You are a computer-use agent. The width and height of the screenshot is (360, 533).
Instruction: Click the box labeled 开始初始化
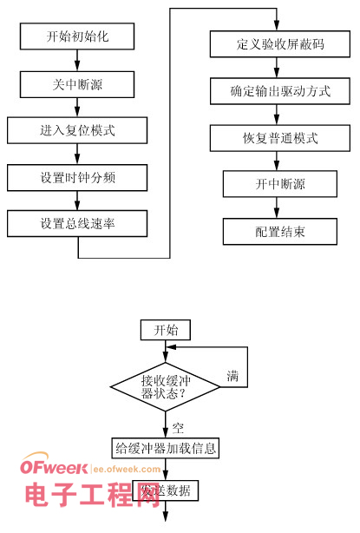(78, 36)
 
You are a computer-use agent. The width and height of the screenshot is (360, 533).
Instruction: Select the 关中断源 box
(78, 84)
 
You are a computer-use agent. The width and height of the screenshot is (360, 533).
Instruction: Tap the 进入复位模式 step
(78, 131)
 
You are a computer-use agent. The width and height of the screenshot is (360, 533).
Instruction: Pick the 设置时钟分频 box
(78, 177)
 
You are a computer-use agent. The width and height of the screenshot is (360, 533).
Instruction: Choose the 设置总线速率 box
(78, 223)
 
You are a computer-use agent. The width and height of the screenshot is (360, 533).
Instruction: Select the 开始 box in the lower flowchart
(166, 330)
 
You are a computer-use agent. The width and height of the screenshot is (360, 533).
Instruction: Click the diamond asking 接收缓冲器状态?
(165, 386)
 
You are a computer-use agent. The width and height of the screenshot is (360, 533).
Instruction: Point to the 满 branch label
(232, 378)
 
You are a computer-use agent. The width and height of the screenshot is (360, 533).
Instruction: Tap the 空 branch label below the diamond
(178, 427)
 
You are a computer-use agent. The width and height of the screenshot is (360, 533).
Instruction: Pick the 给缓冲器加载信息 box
(166, 449)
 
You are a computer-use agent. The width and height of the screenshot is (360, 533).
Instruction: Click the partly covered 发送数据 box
(166, 491)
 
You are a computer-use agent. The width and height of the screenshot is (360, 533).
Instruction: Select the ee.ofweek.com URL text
(126, 470)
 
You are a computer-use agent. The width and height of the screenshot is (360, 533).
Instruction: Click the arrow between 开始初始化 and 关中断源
(78, 60)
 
